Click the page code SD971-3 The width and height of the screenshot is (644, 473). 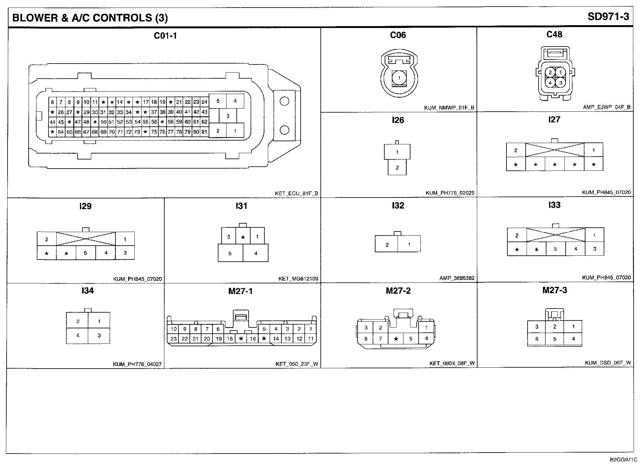(608, 17)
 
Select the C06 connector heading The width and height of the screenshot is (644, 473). (398, 35)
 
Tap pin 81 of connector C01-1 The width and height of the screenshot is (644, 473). (204, 132)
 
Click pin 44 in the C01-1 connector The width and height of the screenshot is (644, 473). (53, 122)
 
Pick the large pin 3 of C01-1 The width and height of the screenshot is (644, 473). (228, 116)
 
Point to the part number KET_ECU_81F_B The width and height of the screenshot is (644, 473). (297, 193)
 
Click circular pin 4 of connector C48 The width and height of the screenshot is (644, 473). (550, 83)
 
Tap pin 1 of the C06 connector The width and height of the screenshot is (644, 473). (399, 78)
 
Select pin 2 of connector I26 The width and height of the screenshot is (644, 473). (397, 168)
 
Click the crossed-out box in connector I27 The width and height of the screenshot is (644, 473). (555, 150)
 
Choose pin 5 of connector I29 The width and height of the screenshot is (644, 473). (85, 253)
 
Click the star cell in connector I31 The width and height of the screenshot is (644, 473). (243, 237)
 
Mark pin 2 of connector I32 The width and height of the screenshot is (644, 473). (387, 245)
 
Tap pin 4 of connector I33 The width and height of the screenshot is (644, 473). (575, 249)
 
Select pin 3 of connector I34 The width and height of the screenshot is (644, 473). (99, 336)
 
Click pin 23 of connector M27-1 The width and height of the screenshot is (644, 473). (173, 339)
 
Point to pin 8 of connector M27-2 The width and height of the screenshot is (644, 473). (366, 339)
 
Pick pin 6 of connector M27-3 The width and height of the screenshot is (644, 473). (537, 339)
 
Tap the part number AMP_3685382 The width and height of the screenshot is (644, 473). (457, 278)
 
